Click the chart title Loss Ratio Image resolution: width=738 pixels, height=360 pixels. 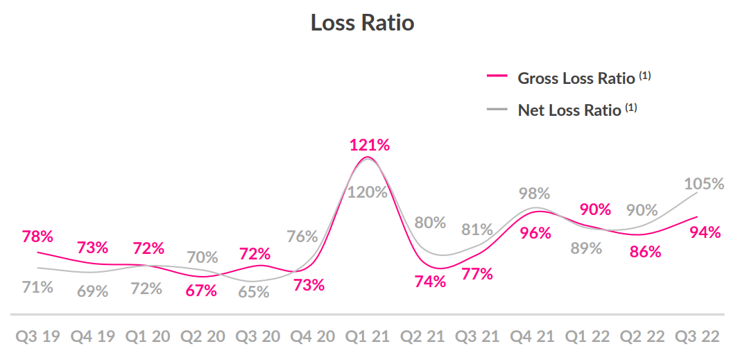tap(362, 22)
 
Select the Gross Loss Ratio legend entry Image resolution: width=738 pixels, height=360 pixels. tap(576, 78)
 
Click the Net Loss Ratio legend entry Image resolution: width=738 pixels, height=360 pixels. tap(569, 110)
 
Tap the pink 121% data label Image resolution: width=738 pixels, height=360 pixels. tap(369, 145)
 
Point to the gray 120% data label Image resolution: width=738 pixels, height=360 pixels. tap(367, 192)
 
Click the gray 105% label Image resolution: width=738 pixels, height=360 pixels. tap(703, 184)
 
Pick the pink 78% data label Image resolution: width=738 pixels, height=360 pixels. tap(37, 237)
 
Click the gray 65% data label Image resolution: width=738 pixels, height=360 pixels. tap(254, 292)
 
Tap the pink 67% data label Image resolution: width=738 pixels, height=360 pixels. tap(201, 291)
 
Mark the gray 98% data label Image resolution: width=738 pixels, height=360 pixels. tap(535, 194)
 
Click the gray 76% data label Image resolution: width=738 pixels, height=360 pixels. tap(302, 237)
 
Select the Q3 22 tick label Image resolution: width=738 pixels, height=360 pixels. tap(699, 337)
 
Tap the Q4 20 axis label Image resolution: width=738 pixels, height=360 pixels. tap(314, 337)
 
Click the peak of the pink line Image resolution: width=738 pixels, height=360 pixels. tap(366, 157)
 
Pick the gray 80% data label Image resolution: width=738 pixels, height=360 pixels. tap(430, 223)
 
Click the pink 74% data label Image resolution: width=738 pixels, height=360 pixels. tap(430, 282)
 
